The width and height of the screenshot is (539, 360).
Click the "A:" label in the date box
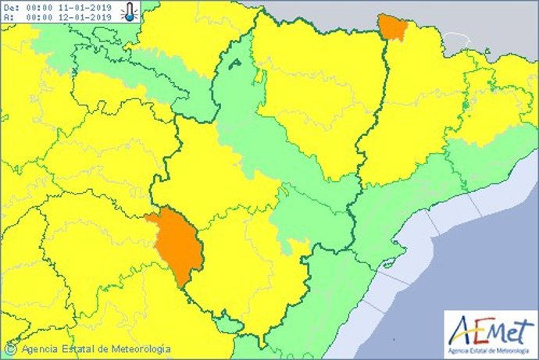8,16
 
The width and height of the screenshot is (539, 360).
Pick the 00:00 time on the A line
39,16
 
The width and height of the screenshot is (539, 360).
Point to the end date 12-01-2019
85,16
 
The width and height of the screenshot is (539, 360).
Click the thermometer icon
130,11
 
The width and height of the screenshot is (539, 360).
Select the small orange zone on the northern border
391,27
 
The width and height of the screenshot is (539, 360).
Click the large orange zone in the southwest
176,244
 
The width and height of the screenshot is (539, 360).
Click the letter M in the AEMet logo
497,331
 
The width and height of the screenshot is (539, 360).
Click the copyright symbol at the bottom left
12,349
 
